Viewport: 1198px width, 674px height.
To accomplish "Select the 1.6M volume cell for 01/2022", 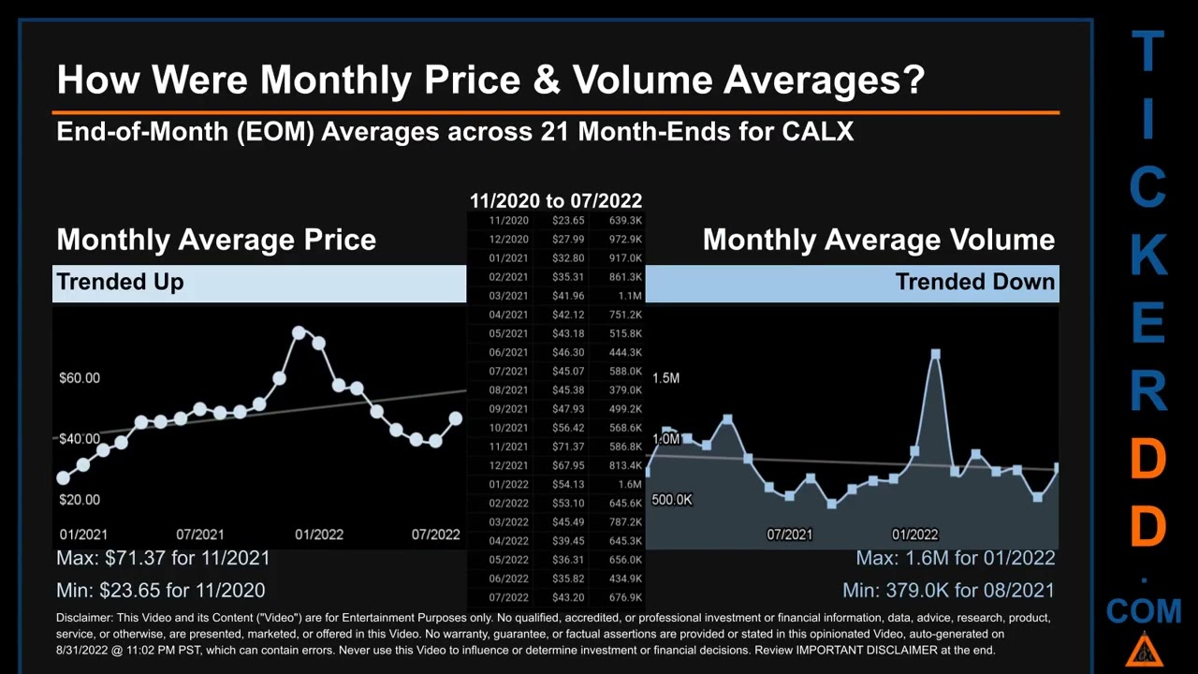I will click(x=629, y=484).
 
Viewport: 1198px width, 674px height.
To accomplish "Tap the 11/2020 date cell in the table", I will click(x=508, y=221).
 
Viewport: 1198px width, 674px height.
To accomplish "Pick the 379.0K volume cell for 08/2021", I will click(x=624, y=390).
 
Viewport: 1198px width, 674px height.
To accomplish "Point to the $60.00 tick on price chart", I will click(x=79, y=378).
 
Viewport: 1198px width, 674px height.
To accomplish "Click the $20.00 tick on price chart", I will click(x=79, y=500).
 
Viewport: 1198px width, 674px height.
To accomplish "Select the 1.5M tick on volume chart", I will click(x=665, y=378).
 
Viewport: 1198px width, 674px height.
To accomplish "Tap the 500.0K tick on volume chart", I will click(x=671, y=500).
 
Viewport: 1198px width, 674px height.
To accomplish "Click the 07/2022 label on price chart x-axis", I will click(x=435, y=535).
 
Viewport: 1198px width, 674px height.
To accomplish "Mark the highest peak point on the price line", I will click(x=299, y=332).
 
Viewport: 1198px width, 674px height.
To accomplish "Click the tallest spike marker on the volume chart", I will click(x=934, y=354).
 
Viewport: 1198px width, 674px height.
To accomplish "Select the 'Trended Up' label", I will click(x=120, y=282).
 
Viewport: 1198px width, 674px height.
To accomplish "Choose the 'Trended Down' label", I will click(x=974, y=282).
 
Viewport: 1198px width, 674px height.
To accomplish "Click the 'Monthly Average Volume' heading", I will click(x=878, y=240).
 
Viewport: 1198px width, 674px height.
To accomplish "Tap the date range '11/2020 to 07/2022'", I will click(x=555, y=200).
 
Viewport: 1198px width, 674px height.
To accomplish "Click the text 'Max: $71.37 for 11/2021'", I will click(x=163, y=558).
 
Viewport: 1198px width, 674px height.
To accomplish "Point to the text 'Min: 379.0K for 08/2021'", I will click(x=948, y=591).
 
